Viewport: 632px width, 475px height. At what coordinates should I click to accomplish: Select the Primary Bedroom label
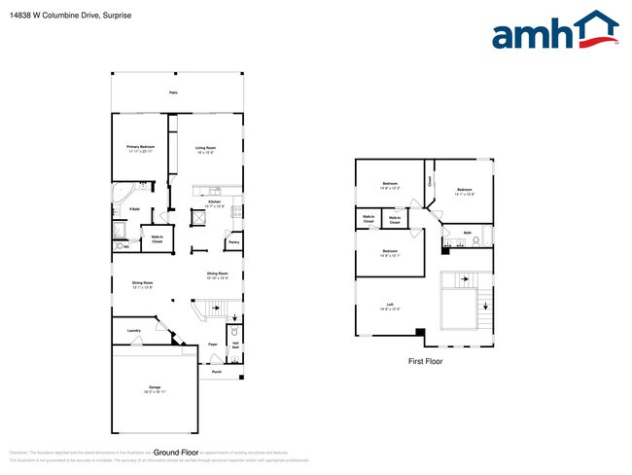(141, 149)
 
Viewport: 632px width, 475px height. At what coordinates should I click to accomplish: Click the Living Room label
(204, 149)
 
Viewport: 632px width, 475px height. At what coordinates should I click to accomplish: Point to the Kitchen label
(214, 203)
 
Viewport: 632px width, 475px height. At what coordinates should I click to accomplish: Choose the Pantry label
(233, 242)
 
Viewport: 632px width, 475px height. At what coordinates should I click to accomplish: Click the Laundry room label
(134, 331)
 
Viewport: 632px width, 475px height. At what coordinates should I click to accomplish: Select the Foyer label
(212, 345)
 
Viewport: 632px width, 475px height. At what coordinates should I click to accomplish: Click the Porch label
(216, 371)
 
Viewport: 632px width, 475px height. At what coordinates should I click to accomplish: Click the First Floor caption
(424, 361)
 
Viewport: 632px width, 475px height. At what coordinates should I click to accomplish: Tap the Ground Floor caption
(176, 453)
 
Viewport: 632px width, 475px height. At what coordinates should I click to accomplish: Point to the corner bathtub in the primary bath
(121, 189)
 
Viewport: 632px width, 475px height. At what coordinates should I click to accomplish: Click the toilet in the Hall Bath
(233, 331)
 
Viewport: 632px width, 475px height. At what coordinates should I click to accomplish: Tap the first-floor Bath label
(467, 234)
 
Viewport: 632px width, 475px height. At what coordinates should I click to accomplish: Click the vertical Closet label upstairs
(430, 181)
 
